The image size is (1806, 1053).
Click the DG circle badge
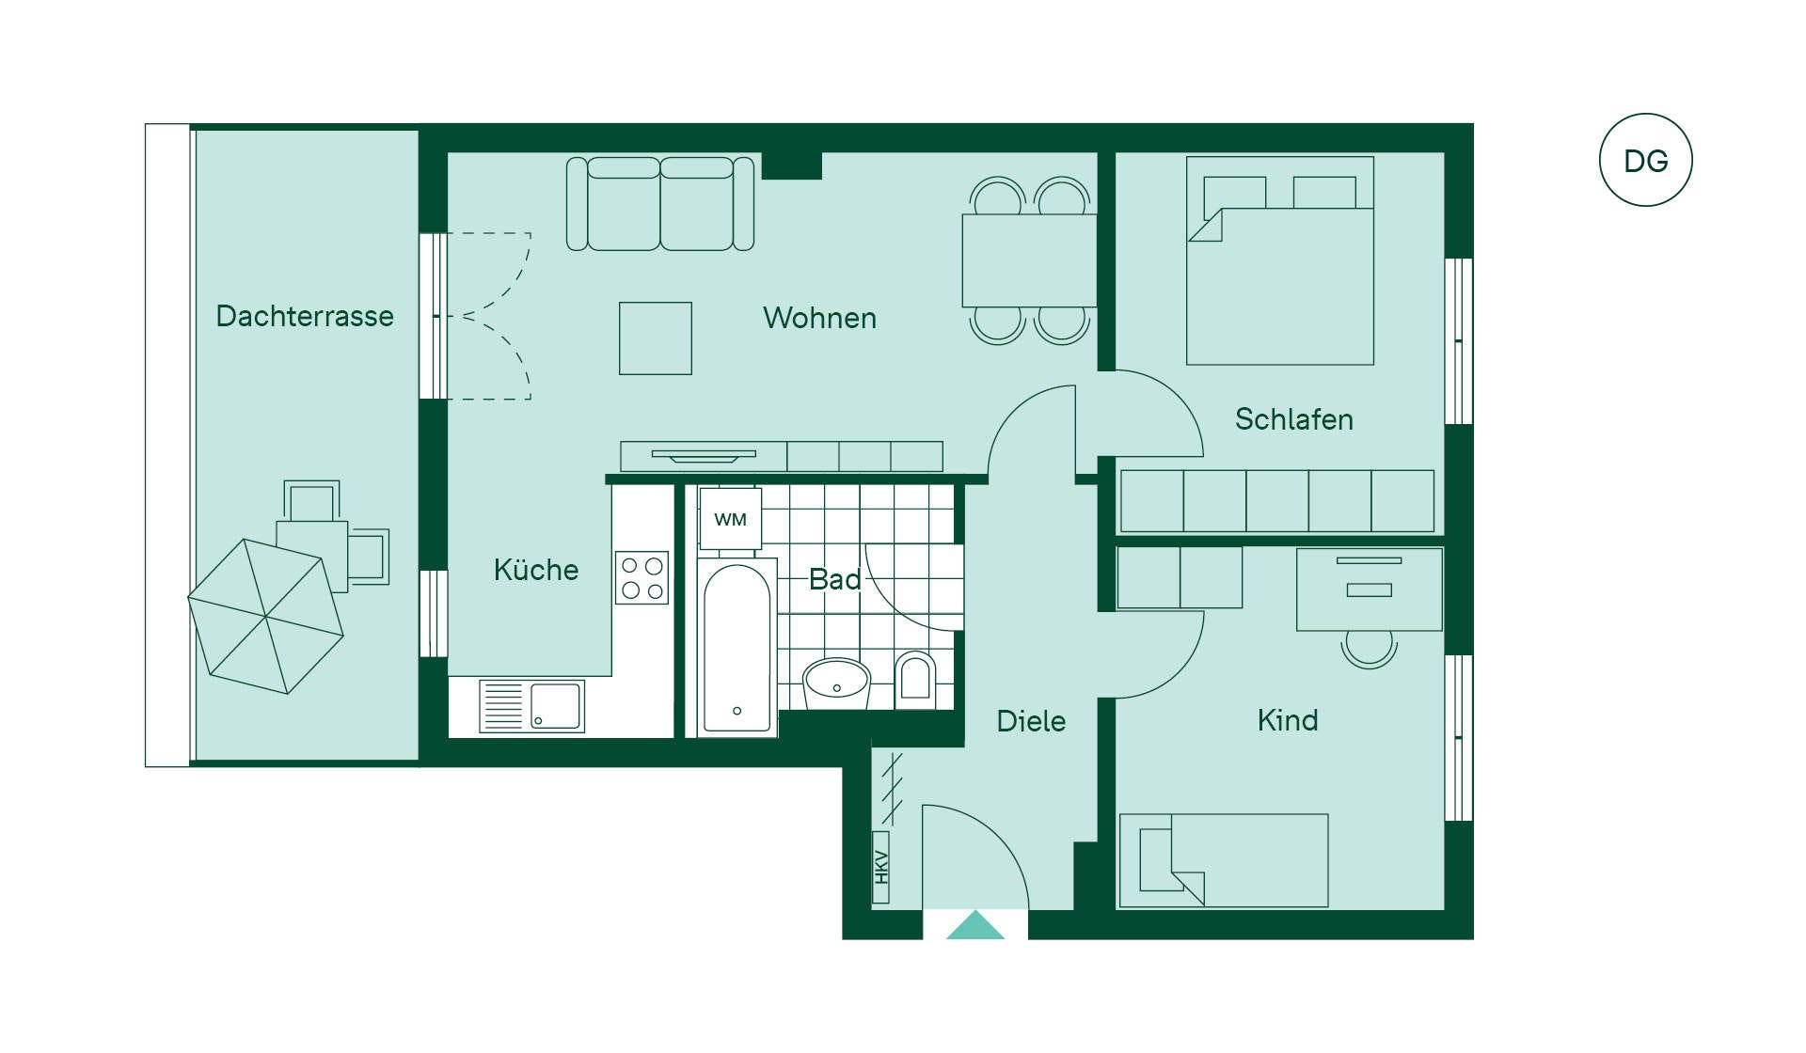tap(1645, 160)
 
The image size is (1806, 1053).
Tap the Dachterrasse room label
tap(305, 316)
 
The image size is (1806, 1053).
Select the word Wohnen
tap(819, 318)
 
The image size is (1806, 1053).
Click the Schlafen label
tap(1293, 419)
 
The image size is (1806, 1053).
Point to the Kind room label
tap(1288, 720)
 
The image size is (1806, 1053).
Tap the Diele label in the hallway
tap(1031, 721)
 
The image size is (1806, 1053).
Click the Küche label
tap(536, 570)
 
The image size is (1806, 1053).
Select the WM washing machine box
tap(731, 519)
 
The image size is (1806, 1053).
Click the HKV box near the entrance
tap(881, 867)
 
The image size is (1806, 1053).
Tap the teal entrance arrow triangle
tap(975, 926)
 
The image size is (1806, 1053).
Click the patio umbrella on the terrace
tap(266, 617)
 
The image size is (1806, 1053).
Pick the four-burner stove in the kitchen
tap(642, 577)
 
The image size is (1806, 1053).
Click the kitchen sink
tap(531, 706)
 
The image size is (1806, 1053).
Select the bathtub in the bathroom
tap(737, 648)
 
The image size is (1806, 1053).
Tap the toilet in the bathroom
tap(914, 679)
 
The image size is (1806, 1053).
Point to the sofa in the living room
tap(660, 204)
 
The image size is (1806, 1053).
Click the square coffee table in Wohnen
tap(656, 338)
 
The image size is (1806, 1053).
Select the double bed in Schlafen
tap(1280, 260)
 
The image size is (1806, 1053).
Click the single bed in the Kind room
tap(1224, 860)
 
